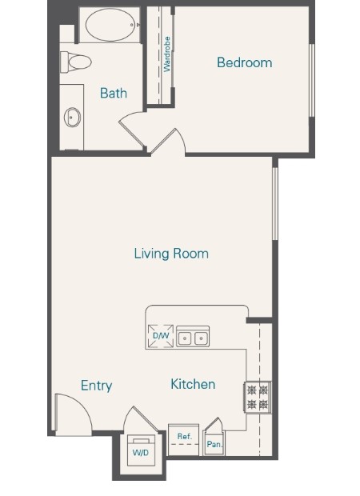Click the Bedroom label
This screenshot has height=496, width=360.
(x=245, y=62)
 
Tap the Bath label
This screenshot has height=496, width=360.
(x=113, y=94)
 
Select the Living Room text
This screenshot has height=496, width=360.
(x=171, y=254)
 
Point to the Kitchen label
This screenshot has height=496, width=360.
(x=193, y=384)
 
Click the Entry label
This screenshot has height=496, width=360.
(x=96, y=386)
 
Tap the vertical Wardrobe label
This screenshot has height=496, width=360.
(x=168, y=54)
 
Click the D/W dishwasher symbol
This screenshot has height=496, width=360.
(x=161, y=336)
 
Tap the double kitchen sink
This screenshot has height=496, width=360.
(x=193, y=338)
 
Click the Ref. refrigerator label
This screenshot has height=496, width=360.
(x=183, y=437)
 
